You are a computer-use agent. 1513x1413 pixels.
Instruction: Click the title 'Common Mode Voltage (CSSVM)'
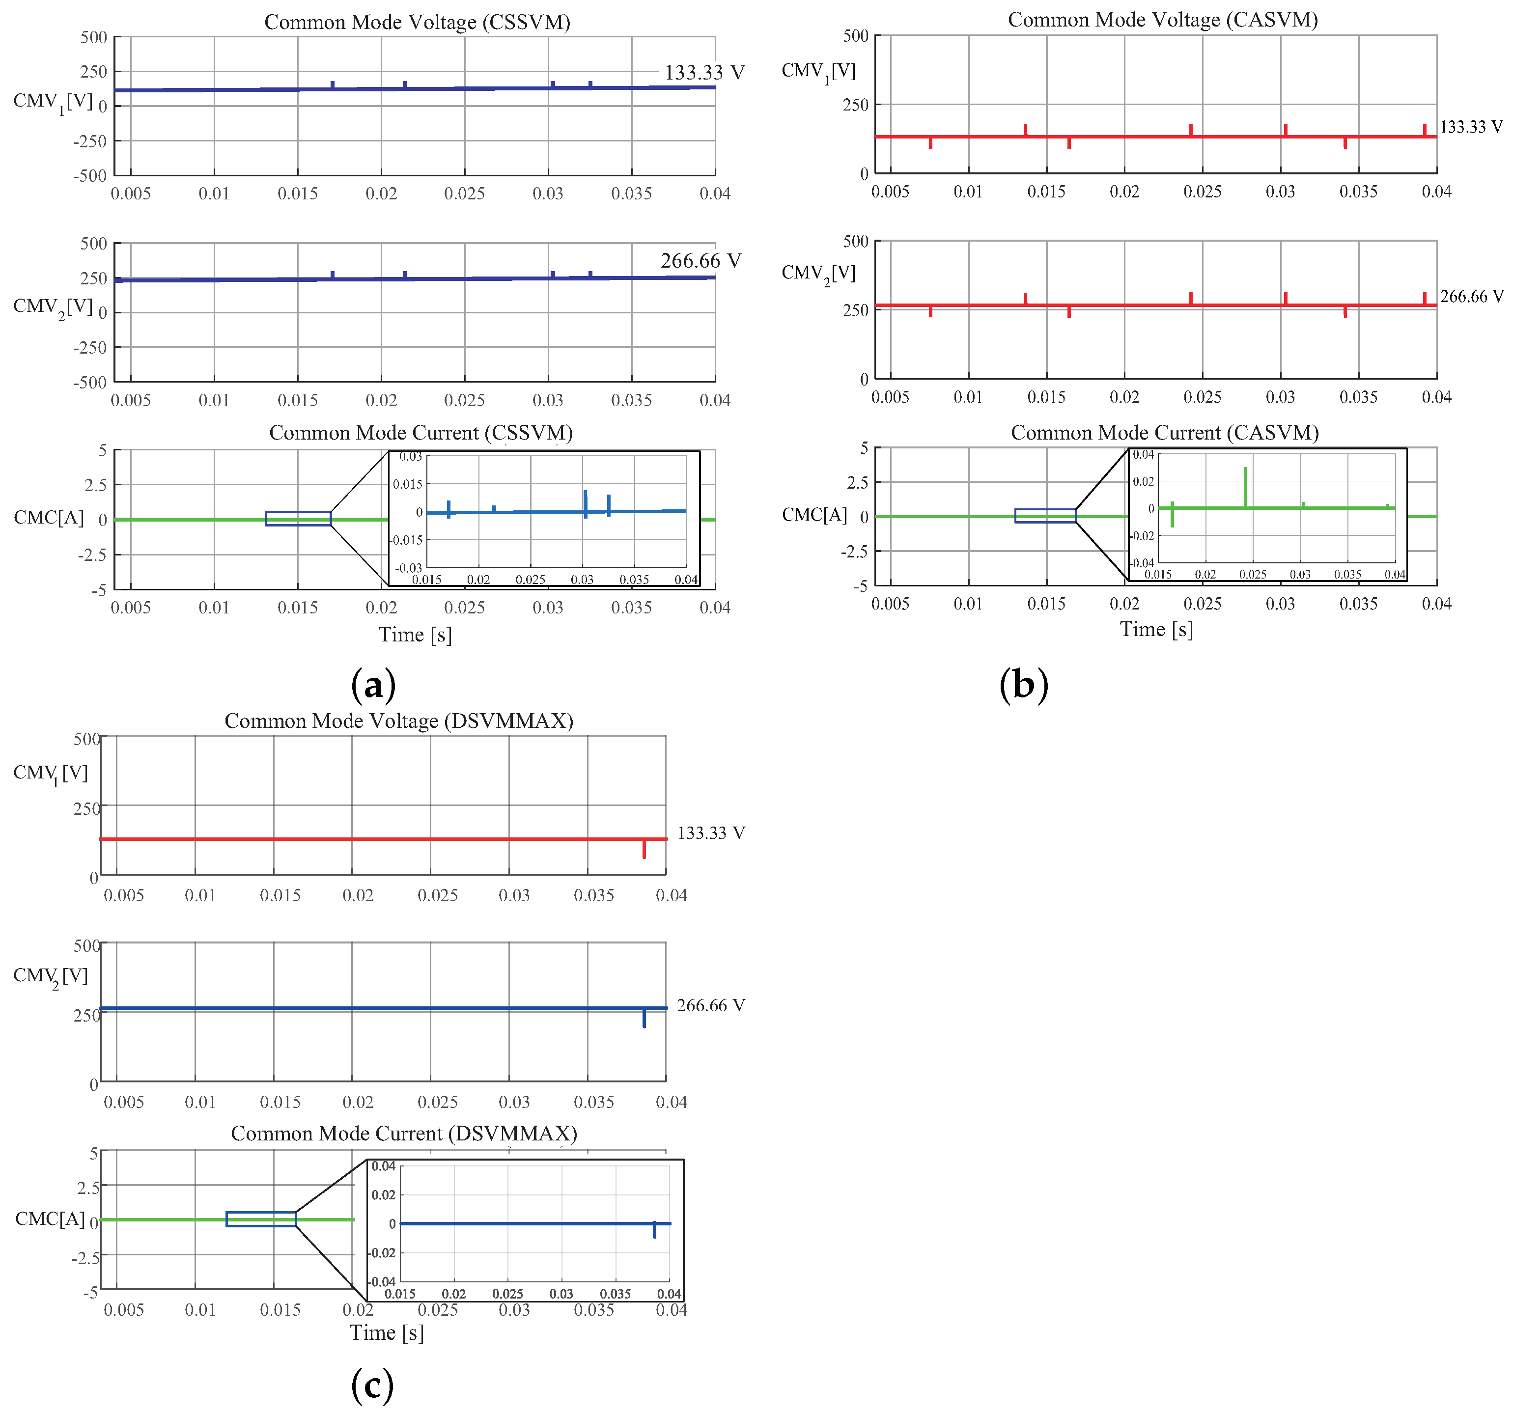point(417,22)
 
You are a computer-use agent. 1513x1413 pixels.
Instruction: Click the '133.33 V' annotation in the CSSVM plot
point(704,72)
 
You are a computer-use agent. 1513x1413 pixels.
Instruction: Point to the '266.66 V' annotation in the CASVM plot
point(1471,296)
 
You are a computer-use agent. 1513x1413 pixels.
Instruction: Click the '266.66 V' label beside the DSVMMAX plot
point(710,1005)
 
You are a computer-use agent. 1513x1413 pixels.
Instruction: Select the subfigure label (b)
point(1024,684)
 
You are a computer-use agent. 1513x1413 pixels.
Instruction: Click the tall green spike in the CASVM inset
point(1246,487)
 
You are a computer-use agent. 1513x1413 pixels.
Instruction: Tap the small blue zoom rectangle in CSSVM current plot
point(298,519)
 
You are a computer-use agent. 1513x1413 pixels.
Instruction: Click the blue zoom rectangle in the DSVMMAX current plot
point(261,1219)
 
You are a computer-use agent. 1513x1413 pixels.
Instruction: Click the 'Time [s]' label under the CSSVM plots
point(415,635)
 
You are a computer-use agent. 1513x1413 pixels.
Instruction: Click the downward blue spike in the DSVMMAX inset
point(654,1230)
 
